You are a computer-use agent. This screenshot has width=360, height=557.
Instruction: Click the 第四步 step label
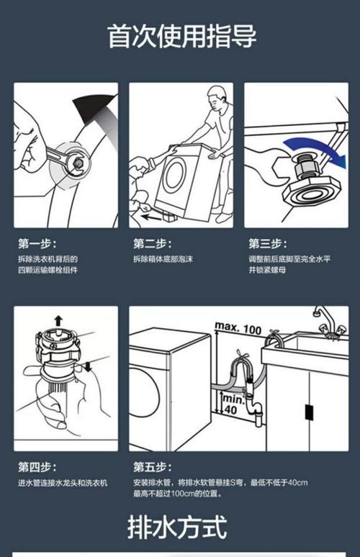pyautogui.click(x=37, y=467)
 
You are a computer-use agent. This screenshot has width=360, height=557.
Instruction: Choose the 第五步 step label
pyautogui.click(x=152, y=467)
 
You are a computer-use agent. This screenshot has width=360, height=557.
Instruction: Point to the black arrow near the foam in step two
pyautogui.click(x=151, y=215)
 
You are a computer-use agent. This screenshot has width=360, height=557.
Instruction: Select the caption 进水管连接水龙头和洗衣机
pyautogui.click(x=63, y=483)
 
